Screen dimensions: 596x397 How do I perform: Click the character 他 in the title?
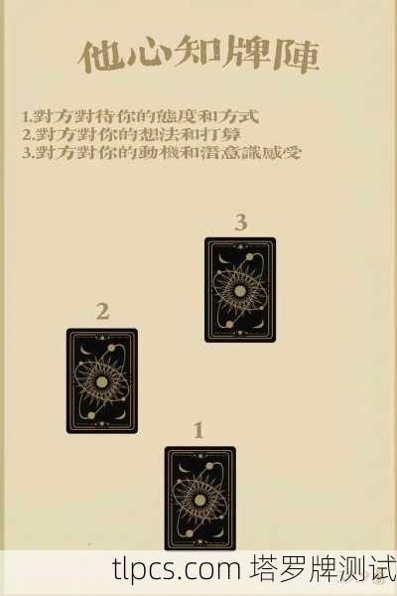tap(102, 57)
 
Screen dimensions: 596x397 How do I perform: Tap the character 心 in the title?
tap(149, 57)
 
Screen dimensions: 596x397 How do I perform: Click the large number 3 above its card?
tap(240, 223)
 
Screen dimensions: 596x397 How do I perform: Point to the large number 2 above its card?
tap(102, 312)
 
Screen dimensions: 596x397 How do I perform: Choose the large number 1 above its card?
tap(198, 431)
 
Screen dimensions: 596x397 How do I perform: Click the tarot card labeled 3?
tap(240, 289)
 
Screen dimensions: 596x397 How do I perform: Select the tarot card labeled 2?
tap(102, 380)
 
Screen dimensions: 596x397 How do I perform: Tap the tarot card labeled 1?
tap(199, 497)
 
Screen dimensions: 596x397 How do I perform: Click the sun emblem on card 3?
tap(240, 290)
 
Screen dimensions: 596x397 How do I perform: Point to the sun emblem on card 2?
tap(102, 381)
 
